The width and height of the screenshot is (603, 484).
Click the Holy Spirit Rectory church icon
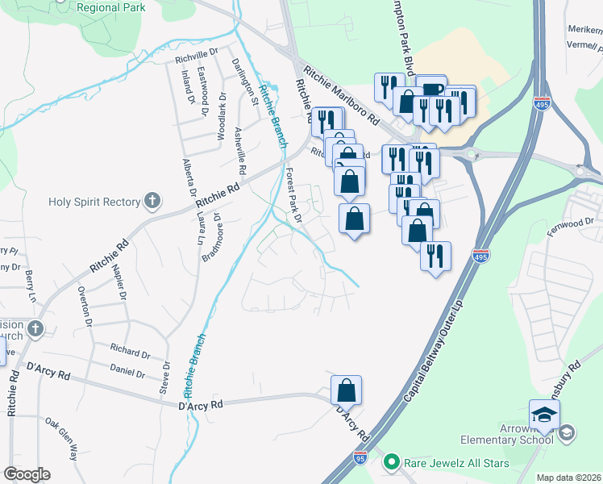tap(151, 202)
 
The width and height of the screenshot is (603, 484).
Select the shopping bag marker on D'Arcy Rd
tap(346, 391)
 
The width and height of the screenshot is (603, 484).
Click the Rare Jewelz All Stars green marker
tap(392, 462)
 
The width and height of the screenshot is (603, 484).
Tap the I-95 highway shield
tap(360, 459)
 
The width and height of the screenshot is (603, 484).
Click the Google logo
tap(27, 474)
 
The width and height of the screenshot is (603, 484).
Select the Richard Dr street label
tap(131, 353)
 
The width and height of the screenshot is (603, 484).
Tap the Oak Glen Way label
tap(62, 438)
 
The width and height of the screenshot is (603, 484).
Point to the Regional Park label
tap(112, 7)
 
